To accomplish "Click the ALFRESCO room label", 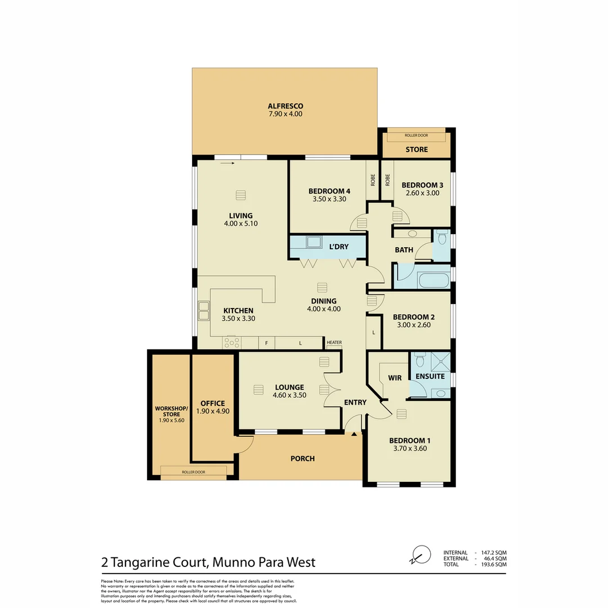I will (285, 106).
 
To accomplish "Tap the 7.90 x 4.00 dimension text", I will (285, 114).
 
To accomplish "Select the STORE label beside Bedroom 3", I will (417, 150).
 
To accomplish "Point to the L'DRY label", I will (339, 247).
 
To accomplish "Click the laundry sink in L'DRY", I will (312, 243).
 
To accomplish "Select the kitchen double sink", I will (203, 310).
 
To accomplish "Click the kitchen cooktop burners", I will (232, 342).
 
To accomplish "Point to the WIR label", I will (395, 378).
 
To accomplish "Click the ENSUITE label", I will (430, 376).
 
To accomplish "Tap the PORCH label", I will (302, 459).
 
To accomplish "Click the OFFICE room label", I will (212, 404).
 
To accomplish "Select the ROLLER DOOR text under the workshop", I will (193, 472).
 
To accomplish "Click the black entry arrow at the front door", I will (354, 434).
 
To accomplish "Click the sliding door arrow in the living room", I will (228, 164).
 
